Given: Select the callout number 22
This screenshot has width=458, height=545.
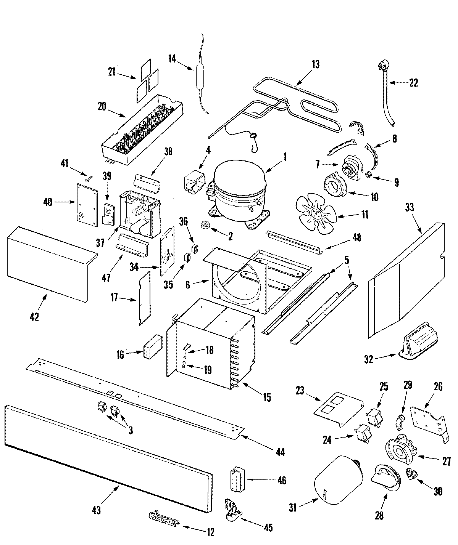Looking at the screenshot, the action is coord(414,83).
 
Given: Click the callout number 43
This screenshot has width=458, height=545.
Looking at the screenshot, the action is coord(96,510).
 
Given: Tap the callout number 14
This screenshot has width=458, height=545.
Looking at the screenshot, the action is coord(172,59).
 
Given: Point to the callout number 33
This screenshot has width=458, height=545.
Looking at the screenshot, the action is coord(410,207).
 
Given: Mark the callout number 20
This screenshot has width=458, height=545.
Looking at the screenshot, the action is coord(102,106).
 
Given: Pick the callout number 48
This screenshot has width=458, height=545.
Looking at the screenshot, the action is coord(356,237).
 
